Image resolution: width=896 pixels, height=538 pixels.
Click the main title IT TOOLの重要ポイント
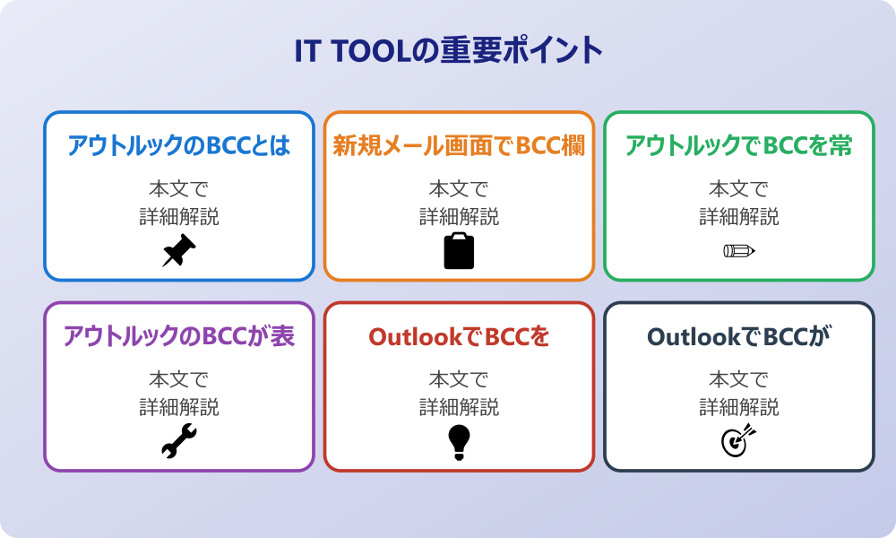[x=448, y=51]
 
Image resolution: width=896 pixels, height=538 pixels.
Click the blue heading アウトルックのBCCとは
[x=179, y=145]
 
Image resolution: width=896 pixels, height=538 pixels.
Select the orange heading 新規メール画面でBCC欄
[x=459, y=145]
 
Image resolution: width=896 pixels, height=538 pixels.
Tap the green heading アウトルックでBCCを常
[x=738, y=145]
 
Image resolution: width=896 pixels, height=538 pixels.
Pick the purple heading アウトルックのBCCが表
[x=179, y=336]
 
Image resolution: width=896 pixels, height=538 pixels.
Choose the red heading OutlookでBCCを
[x=459, y=336]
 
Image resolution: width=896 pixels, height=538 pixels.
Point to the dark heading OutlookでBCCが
[x=738, y=336]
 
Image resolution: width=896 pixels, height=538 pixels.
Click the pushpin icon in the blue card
[x=179, y=251]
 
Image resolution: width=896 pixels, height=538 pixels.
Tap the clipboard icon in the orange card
[x=459, y=251]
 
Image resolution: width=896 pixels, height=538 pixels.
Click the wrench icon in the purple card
[x=179, y=441]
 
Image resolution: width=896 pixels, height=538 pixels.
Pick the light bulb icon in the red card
[x=459, y=441]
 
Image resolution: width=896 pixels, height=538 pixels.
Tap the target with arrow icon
[x=738, y=441]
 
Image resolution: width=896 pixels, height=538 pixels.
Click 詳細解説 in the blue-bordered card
[x=179, y=217]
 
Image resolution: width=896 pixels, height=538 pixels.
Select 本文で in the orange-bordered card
[x=459, y=189]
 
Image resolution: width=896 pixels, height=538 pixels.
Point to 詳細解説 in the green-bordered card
[x=738, y=217]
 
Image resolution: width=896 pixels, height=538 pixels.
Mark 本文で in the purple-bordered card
[x=179, y=380]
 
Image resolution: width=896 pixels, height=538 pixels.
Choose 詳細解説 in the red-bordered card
[x=459, y=407]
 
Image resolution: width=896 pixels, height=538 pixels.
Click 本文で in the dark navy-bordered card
[x=738, y=380]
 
